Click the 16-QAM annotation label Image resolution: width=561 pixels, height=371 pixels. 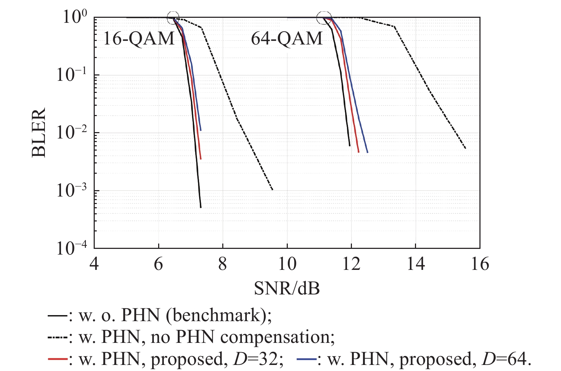[x=139, y=38]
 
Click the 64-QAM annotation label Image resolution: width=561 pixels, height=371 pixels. [x=287, y=38]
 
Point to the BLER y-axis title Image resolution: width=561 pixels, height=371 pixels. [x=38, y=132]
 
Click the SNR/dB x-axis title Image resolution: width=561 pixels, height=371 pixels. [x=287, y=288]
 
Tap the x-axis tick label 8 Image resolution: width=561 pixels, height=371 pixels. [x=223, y=264]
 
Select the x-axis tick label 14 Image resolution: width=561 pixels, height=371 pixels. [x=416, y=264]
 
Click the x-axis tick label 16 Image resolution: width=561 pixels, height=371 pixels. [x=480, y=264]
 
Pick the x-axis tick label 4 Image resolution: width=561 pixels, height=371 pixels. [x=94, y=264]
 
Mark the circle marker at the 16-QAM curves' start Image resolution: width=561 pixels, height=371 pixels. [x=173, y=18]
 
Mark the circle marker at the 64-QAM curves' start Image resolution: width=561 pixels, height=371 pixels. [x=324, y=18]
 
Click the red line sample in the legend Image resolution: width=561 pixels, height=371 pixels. [x=57, y=359]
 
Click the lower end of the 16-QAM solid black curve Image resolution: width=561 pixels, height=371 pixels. [x=201, y=207]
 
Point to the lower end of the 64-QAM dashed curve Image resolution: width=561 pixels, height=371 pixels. [x=466, y=148]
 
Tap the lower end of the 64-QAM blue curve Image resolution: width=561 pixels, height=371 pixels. [x=367, y=152]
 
